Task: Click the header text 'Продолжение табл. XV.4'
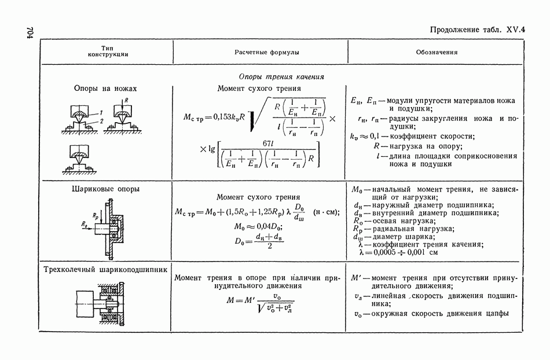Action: (x=473, y=31)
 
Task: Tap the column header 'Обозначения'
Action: (x=437, y=52)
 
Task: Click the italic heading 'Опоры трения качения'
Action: (x=281, y=76)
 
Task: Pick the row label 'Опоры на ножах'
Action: (x=105, y=89)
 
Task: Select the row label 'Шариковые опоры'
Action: (x=105, y=189)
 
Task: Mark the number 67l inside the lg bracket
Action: (x=267, y=143)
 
